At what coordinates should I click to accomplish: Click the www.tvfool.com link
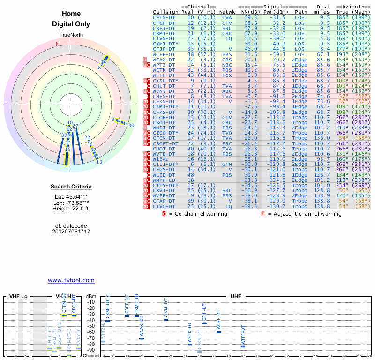(71, 280)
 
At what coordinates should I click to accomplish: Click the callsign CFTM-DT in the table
(164, 17)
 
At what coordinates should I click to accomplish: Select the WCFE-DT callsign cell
(164, 54)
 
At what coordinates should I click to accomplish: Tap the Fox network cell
(227, 75)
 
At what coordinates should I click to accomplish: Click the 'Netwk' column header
(227, 12)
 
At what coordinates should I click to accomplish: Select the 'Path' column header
(301, 12)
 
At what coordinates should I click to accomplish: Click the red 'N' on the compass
(58, 44)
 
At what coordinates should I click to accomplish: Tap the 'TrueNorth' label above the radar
(71, 36)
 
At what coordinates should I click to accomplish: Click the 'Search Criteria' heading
(71, 187)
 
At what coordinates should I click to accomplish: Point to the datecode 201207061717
(71, 232)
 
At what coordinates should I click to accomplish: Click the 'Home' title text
(71, 14)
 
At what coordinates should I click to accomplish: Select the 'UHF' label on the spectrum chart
(236, 297)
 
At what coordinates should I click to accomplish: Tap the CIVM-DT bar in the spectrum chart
(165, 320)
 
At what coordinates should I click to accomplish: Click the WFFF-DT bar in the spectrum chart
(243, 346)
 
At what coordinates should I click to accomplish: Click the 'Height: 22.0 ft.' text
(71, 209)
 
